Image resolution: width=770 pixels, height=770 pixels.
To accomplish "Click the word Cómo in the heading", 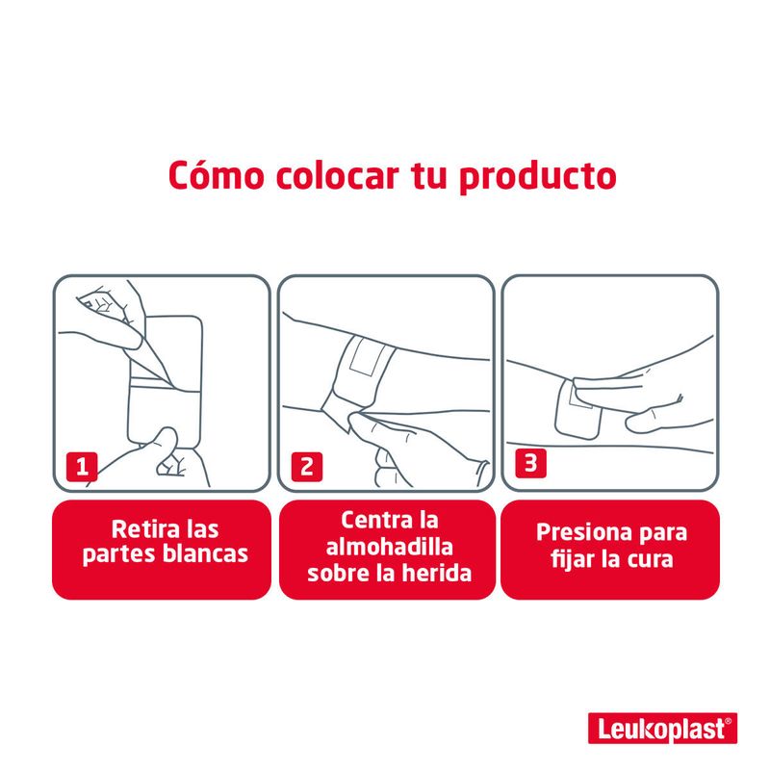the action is click(x=216, y=175).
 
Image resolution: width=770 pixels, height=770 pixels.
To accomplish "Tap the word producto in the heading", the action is click(x=538, y=178).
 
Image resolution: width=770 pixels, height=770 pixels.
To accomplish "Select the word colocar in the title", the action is click(x=337, y=175).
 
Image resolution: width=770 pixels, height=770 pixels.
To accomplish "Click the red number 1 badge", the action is click(x=82, y=467).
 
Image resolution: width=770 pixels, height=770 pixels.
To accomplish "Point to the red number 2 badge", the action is click(x=307, y=467).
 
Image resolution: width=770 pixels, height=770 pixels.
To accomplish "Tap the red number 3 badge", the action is click(x=531, y=463).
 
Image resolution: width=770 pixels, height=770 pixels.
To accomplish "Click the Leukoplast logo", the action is click(x=662, y=728).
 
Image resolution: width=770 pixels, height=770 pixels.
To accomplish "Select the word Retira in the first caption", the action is click(x=140, y=529).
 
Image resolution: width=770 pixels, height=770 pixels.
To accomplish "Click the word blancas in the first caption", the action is click(x=205, y=553).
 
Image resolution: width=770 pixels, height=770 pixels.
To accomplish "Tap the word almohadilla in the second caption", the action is click(x=390, y=547).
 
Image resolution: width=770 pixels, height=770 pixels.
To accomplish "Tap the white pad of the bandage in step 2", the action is click(x=364, y=356).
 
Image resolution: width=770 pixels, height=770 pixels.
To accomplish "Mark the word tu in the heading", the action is click(x=428, y=176).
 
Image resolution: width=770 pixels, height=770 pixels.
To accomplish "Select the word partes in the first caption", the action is click(x=118, y=555).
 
